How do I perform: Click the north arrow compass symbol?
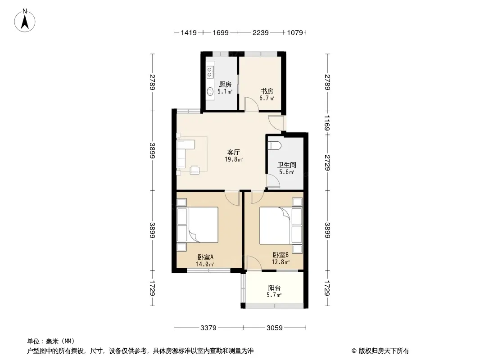[x=25, y=21]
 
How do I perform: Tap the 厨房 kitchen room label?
[x=225, y=85]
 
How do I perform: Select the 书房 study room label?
[x=267, y=91]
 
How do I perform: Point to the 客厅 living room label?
[x=234, y=152]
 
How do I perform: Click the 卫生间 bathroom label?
[x=287, y=165]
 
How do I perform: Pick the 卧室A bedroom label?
[x=205, y=257]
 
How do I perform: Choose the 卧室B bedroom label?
[x=281, y=255]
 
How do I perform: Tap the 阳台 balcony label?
[x=274, y=288]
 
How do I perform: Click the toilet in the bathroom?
[x=274, y=145]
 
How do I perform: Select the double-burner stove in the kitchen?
[x=210, y=72]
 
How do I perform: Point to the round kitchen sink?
[x=210, y=91]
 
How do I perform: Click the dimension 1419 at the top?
[x=189, y=32]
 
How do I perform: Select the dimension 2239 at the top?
[x=261, y=32]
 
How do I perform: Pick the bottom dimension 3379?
[x=208, y=328]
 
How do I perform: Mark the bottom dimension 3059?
[x=275, y=328]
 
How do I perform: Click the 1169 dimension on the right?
[x=327, y=123]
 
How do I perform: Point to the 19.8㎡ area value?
[x=234, y=159]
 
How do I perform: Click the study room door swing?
[x=251, y=103]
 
